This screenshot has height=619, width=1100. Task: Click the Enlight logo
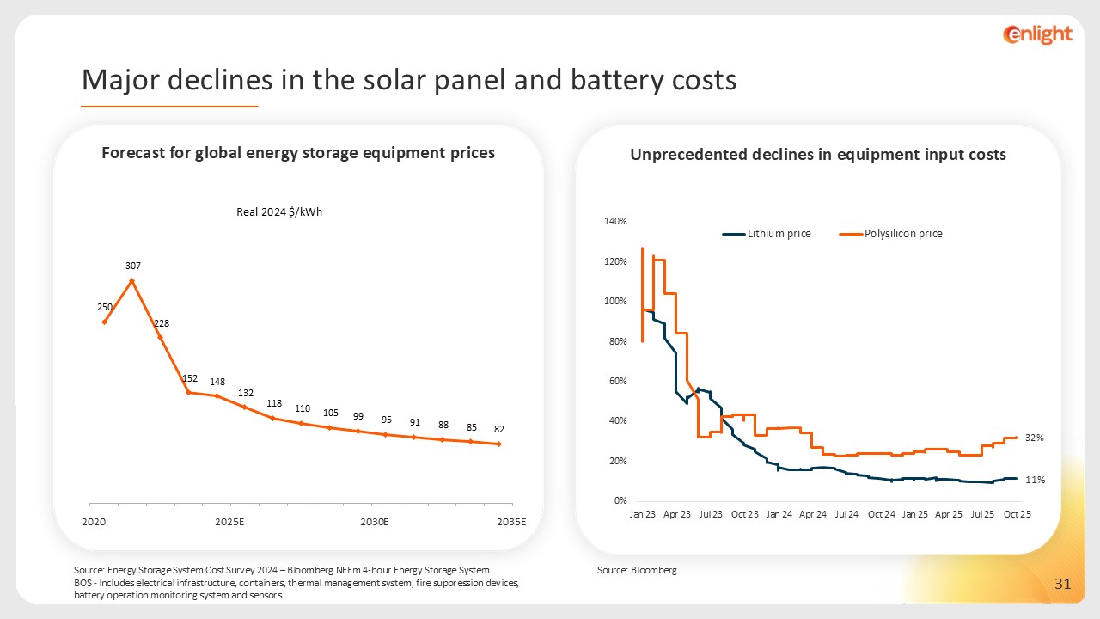click(x=1037, y=34)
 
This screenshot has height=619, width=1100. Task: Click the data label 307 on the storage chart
click(x=131, y=267)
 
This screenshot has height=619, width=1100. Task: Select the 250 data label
click(x=104, y=307)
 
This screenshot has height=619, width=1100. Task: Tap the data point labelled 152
click(x=188, y=392)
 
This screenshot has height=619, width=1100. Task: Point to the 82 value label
click(x=499, y=428)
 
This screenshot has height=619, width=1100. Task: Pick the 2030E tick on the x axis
click(x=375, y=522)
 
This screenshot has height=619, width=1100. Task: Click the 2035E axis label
click(x=513, y=522)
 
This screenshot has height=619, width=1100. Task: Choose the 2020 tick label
click(x=94, y=522)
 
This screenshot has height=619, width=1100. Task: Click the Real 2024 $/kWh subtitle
click(x=279, y=212)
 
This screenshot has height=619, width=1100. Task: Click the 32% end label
click(x=1034, y=438)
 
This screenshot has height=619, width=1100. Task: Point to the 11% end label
click(x=1034, y=480)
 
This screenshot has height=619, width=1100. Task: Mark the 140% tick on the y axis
click(x=616, y=222)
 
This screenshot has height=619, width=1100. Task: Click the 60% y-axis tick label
click(x=618, y=381)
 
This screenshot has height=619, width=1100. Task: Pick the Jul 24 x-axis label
click(x=846, y=514)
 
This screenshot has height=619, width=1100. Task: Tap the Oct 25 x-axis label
click(x=1017, y=514)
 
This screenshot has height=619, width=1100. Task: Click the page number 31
click(x=1062, y=585)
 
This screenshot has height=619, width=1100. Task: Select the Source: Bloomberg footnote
click(x=637, y=570)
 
